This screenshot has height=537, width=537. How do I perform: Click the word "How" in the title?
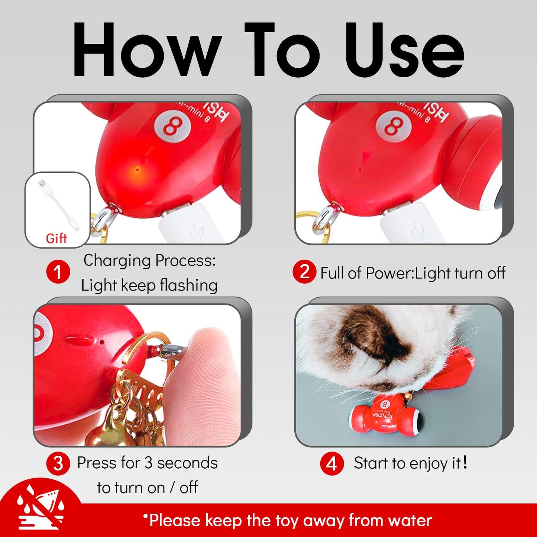[x=147, y=50]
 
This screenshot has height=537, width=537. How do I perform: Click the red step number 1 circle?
[x=58, y=272]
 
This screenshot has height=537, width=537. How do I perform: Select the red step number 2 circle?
[x=304, y=272]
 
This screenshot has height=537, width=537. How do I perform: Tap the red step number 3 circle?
[x=58, y=463]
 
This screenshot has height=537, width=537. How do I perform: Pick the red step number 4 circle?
[x=331, y=463]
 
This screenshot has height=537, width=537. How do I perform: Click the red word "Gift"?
[x=56, y=238]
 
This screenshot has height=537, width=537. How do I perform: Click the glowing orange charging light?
[x=137, y=169]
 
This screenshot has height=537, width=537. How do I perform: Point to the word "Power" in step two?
[x=390, y=273]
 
